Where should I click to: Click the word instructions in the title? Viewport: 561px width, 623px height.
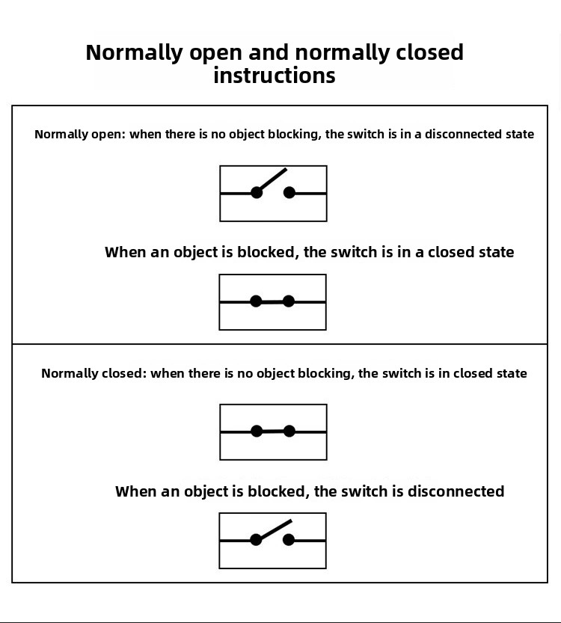pyautogui.click(x=275, y=75)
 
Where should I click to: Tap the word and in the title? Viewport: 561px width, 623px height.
pyautogui.click(x=269, y=52)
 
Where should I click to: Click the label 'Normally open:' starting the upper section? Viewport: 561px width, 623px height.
pyautogui.click(x=80, y=135)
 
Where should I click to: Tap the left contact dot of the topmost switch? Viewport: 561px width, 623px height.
pyautogui.click(x=257, y=193)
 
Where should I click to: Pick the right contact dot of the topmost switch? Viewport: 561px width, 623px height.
pyautogui.click(x=289, y=193)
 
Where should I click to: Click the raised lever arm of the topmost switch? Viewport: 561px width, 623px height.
pyautogui.click(x=272, y=180)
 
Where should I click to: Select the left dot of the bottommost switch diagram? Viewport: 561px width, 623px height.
pyautogui.click(x=256, y=539)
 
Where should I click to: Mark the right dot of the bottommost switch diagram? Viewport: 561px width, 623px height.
pyautogui.click(x=289, y=539)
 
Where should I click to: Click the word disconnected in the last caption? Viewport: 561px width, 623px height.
pyautogui.click(x=456, y=491)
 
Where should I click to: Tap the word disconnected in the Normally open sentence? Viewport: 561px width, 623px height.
pyautogui.click(x=463, y=135)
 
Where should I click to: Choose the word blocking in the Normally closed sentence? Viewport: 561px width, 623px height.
pyautogui.click(x=326, y=373)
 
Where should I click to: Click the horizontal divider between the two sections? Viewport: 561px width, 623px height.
pyautogui.click(x=280, y=344)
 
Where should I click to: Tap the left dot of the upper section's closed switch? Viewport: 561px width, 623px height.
pyautogui.click(x=256, y=301)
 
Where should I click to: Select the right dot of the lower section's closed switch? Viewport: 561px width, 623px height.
pyautogui.click(x=289, y=431)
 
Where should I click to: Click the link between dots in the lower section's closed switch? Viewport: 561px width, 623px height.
pyautogui.click(x=273, y=431)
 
